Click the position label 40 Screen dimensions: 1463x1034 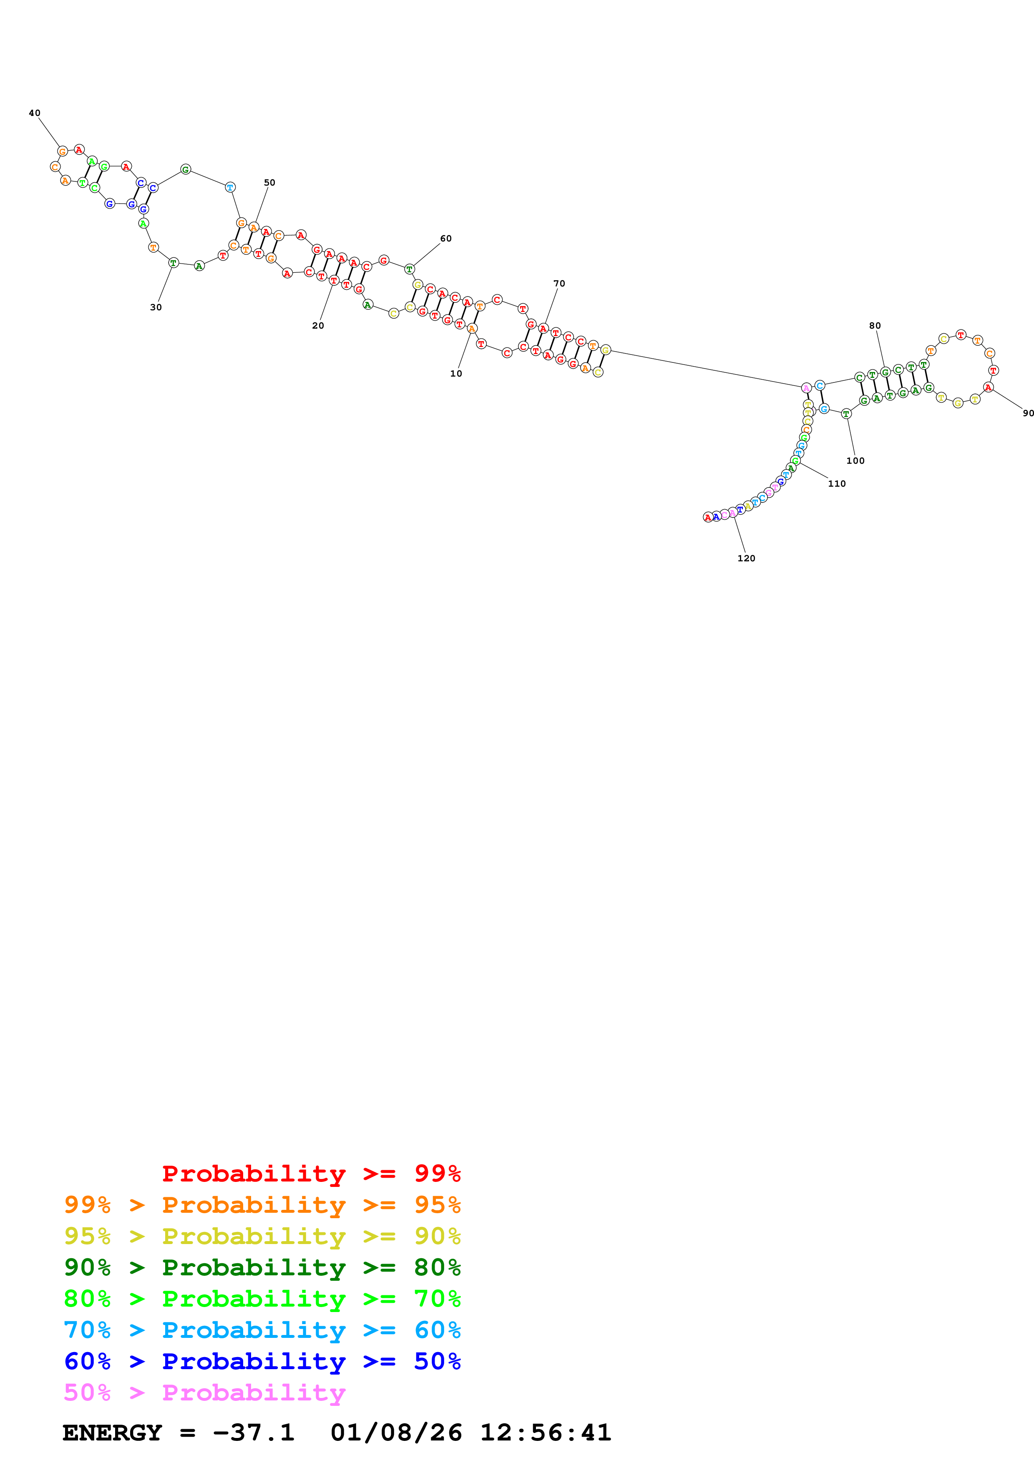coord(34,113)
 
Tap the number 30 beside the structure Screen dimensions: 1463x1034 coord(156,307)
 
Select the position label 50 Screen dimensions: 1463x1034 coord(269,182)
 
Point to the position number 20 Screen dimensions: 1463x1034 coord(318,326)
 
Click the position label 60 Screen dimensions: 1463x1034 coord(446,238)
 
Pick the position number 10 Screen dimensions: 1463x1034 coord(456,373)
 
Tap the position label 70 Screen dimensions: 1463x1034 coord(559,284)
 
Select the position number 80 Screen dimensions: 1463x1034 coord(875,326)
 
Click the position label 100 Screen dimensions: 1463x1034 coord(855,461)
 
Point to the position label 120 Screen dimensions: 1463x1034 coord(746,558)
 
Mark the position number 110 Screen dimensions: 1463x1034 coord(837,484)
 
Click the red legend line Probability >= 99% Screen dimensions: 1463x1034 coord(311,1173)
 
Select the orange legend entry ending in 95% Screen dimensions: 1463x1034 coord(262,1204)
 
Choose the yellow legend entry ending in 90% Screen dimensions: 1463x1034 coord(262,1236)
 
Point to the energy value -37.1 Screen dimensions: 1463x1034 coord(253,1433)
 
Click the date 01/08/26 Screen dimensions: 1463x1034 coord(396,1433)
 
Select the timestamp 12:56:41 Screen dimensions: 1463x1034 coord(545,1433)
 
